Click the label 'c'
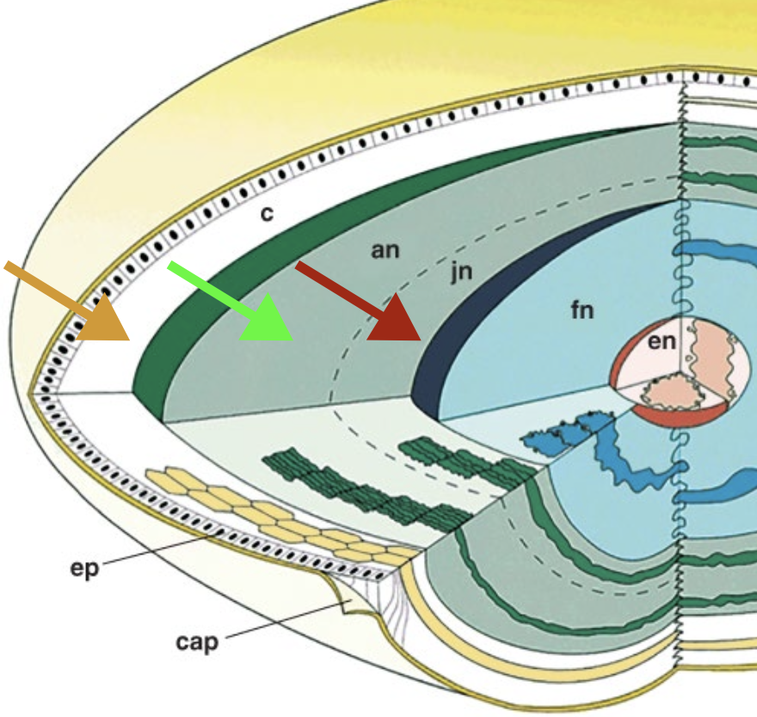267,212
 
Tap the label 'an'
386,250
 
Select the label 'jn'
462,274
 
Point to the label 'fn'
582,309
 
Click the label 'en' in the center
662,342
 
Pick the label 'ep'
87,568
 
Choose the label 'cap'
197,642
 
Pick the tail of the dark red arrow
301,267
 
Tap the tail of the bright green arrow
172,266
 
